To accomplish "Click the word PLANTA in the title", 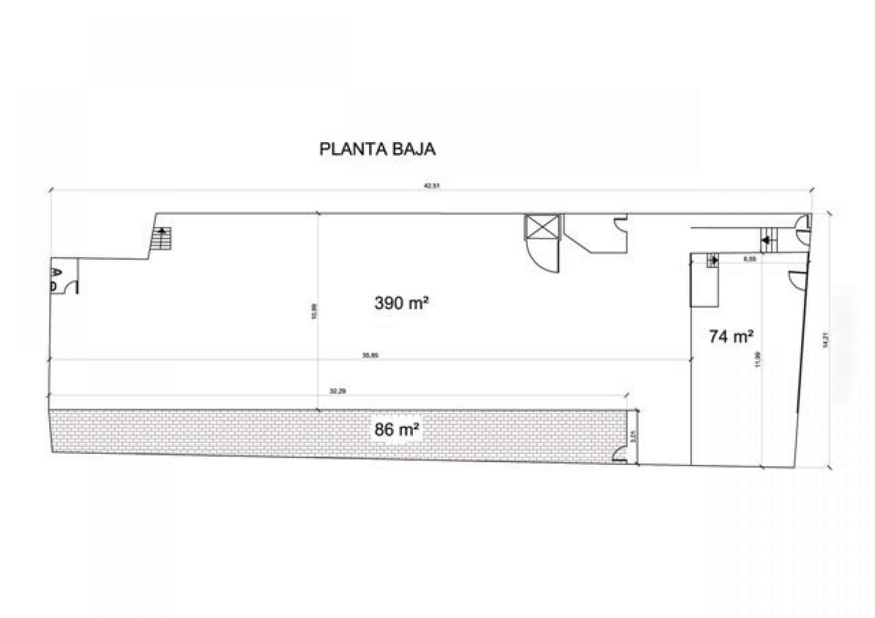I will pos(346,149).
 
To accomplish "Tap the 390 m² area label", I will pos(400,302).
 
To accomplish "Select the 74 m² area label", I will pos(731,336).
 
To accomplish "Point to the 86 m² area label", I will pos(397,430).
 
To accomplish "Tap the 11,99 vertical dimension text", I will pos(757,359).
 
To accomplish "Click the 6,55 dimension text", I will pos(750,259).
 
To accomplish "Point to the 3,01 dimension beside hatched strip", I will pos(633,436).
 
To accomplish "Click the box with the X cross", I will pos(542,226).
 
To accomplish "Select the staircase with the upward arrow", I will pos(162,238).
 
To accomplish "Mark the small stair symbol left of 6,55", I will pos(713,260).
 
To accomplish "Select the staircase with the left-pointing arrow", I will pos(769,239).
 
